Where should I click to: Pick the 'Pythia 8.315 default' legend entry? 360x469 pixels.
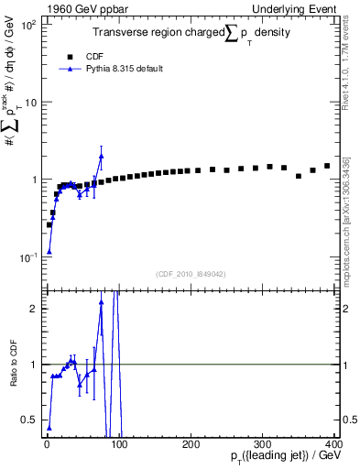coord(122,69)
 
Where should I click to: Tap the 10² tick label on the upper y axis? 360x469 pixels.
coord(28,25)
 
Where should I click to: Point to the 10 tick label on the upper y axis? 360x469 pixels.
coord(31,102)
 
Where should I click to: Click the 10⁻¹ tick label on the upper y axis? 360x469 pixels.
coord(28,256)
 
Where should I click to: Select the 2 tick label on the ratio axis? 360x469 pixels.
coord(35,309)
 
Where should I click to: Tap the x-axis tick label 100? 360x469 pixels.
coord(118,443)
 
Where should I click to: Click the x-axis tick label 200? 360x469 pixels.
coord(191,443)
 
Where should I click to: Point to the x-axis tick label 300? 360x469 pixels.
coord(263,443)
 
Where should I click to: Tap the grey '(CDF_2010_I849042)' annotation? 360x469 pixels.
coord(191,274)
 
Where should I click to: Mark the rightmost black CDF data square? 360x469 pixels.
coord(327,166)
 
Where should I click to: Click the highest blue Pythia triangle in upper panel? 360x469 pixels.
coord(101,156)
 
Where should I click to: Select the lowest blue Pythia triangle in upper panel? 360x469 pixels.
coord(49,251)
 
